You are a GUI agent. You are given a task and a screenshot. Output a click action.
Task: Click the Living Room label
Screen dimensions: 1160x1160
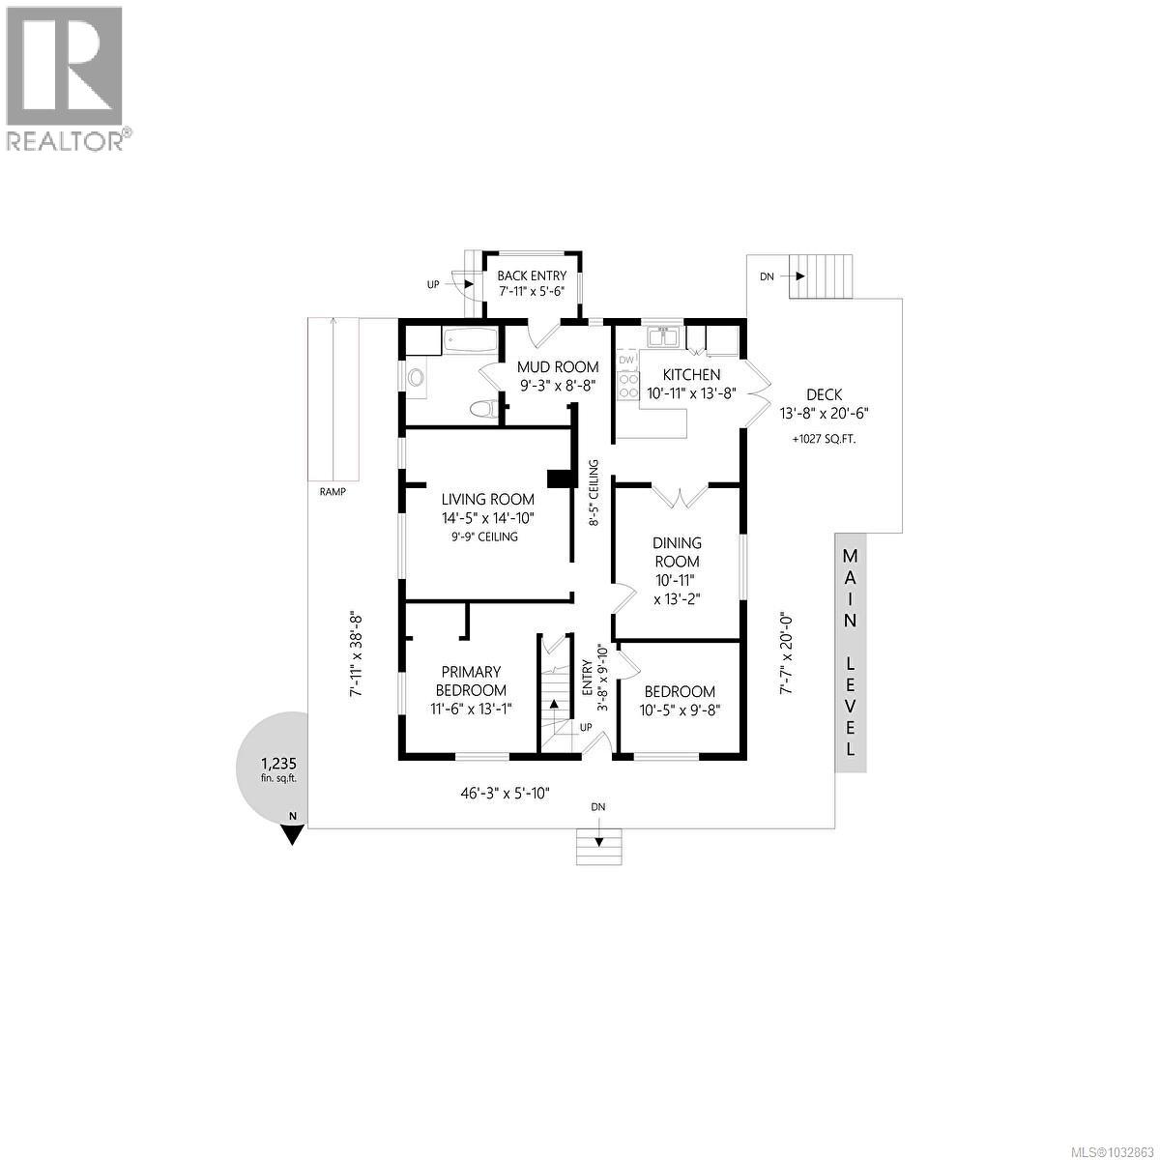(x=487, y=500)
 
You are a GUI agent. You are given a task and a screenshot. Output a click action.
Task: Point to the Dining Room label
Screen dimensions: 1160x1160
(x=677, y=552)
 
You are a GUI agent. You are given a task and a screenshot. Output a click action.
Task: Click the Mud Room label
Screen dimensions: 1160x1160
(x=557, y=367)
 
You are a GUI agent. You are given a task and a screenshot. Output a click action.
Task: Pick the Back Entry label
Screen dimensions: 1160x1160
(x=532, y=276)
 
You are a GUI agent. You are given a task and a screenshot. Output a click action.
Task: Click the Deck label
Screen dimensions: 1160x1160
(x=824, y=394)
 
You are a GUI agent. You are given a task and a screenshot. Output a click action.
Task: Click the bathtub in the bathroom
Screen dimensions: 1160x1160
(x=470, y=339)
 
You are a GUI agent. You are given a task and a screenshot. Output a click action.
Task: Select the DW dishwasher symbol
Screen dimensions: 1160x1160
(x=626, y=360)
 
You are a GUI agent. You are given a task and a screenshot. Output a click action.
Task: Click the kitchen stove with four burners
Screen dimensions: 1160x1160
(x=627, y=386)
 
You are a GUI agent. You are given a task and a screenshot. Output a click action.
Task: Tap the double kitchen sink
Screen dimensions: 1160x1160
(x=662, y=337)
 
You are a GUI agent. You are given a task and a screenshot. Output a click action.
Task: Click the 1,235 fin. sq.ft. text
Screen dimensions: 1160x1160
(x=271, y=768)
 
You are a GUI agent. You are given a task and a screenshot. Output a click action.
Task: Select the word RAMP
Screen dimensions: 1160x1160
(x=332, y=492)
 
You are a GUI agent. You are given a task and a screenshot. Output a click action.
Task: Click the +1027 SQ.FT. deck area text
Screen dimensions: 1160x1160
(x=824, y=439)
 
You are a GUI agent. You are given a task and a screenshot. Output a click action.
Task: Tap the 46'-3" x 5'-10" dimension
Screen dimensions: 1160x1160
(x=505, y=794)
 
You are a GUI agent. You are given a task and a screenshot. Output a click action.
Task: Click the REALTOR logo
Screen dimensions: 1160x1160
(x=66, y=77)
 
